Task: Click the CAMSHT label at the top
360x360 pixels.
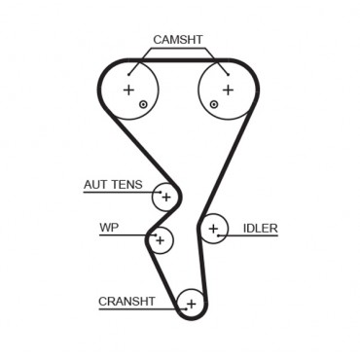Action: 178,40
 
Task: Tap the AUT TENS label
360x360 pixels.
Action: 111,185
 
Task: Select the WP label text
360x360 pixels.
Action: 108,229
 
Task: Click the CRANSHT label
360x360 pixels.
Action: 126,301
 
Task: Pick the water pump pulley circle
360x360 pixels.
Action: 162,238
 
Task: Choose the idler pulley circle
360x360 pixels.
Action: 213,230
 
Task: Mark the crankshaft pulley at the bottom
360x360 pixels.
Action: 191,305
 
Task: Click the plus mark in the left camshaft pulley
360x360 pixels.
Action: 127,90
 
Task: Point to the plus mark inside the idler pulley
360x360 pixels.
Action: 213,230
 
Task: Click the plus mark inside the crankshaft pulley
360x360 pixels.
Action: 191,305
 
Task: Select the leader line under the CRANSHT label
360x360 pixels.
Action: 136,309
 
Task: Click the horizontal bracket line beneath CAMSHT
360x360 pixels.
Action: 178,49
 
